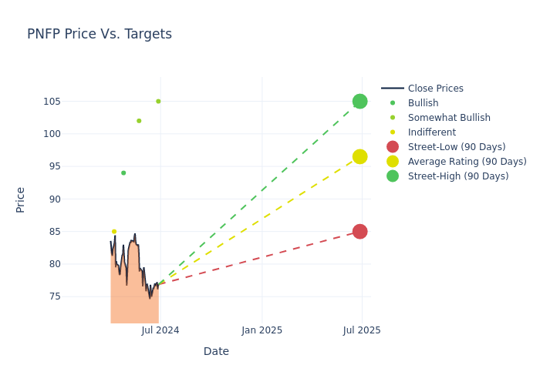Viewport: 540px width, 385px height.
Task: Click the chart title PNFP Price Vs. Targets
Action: (x=100, y=34)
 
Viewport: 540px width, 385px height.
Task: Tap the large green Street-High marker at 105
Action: (x=359, y=102)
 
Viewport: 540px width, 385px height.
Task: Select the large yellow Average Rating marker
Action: (x=359, y=156)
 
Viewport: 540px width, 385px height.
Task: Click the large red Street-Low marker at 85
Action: (x=359, y=232)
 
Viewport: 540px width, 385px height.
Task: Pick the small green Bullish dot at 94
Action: (x=123, y=173)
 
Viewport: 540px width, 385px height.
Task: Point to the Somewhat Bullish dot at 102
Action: (x=139, y=121)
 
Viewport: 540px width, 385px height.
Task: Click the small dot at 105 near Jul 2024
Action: (x=158, y=102)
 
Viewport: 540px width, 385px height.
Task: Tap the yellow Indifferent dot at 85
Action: (x=114, y=232)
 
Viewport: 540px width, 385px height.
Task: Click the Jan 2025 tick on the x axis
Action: (x=262, y=330)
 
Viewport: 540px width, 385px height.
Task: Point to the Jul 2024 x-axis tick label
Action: (x=160, y=330)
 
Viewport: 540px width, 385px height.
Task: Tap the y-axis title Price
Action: (x=21, y=199)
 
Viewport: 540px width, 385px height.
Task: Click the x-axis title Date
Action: (x=216, y=352)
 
